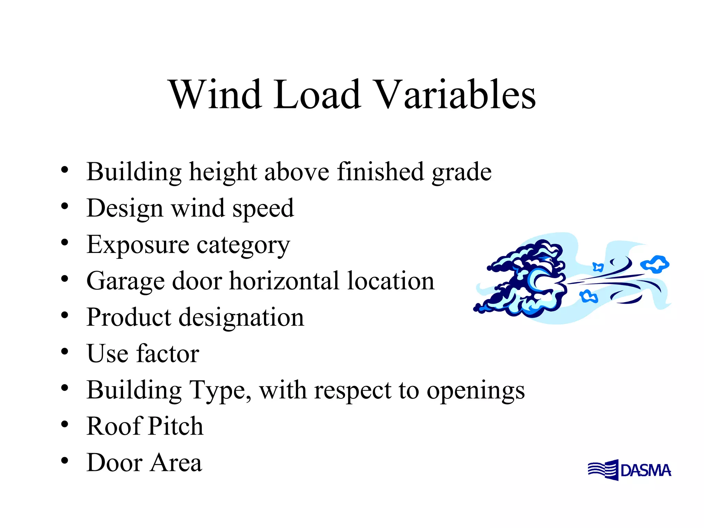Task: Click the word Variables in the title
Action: tap(454, 95)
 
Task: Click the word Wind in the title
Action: tap(215, 95)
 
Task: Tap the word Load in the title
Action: tap(317, 95)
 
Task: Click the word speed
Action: tap(263, 209)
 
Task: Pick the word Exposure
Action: tap(138, 244)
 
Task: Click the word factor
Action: tap(168, 354)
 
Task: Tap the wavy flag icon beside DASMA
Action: tap(603, 470)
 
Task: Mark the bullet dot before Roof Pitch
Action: tap(65, 425)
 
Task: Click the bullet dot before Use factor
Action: tap(65, 352)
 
